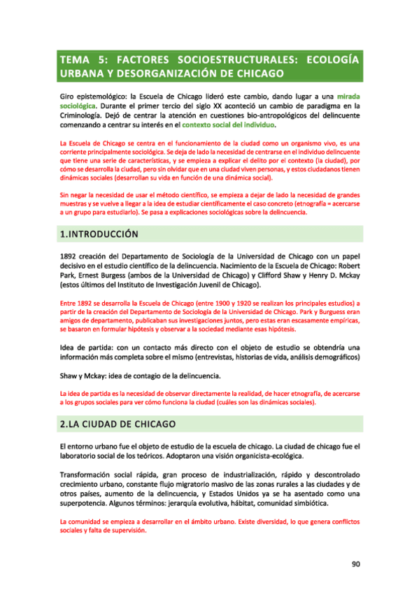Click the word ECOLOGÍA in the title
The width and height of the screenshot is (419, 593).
pos(328,59)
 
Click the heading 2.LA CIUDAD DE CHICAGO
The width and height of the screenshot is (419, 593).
pos(118,425)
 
